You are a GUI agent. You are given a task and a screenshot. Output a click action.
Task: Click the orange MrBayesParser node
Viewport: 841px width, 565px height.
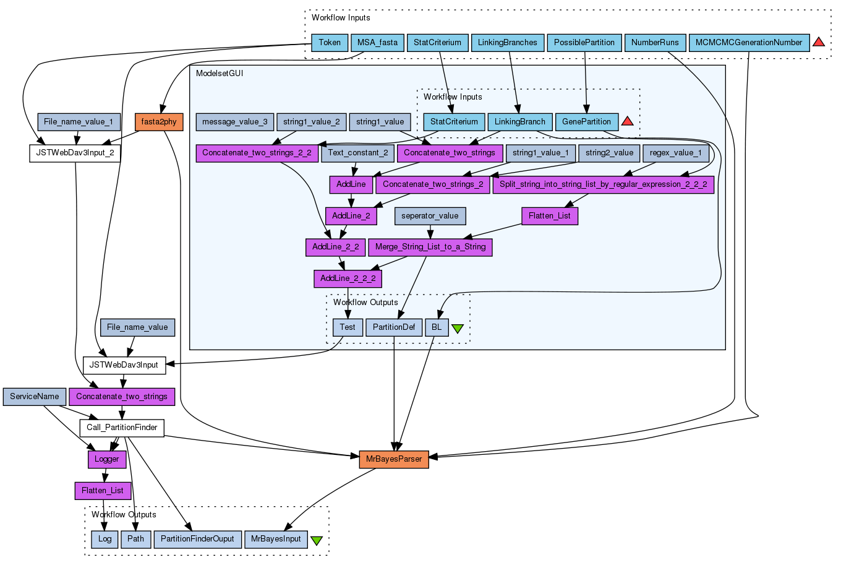[394, 459]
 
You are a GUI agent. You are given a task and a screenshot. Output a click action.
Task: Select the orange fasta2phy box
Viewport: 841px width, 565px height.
[159, 122]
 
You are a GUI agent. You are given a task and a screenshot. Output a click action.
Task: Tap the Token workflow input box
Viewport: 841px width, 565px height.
[330, 43]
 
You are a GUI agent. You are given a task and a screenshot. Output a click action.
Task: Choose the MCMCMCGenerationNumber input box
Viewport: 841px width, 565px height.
[749, 43]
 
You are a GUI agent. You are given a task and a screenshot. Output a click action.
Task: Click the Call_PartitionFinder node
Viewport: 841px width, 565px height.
[122, 428]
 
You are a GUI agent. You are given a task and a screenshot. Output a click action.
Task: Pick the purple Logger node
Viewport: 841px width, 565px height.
[107, 459]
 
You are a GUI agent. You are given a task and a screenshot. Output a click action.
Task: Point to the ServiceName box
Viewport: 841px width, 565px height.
[35, 397]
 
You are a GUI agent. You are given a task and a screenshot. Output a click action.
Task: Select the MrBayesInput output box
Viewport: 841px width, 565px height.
[276, 539]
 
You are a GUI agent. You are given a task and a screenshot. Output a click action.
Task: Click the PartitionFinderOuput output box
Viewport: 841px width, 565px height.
[197, 539]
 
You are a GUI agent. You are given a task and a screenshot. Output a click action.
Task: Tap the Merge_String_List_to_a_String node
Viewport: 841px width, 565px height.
[430, 247]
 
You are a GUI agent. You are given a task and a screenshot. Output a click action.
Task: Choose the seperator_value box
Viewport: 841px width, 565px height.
[430, 216]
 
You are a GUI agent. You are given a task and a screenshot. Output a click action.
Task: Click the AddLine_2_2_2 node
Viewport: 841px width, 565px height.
[348, 278]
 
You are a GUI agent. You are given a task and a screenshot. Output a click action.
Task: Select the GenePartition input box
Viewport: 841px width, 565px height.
[586, 122]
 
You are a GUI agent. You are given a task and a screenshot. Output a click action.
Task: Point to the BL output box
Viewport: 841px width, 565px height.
[437, 327]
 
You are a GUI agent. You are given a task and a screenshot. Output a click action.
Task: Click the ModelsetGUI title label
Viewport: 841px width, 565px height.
[220, 74]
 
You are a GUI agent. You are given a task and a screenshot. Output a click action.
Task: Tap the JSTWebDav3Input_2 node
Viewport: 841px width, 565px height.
[75, 153]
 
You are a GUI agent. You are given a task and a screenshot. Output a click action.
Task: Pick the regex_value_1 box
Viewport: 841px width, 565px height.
[675, 152]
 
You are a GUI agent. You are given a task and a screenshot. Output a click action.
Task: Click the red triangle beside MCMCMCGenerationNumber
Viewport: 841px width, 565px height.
[819, 42]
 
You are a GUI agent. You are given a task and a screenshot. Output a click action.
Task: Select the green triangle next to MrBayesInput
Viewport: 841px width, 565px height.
[317, 540]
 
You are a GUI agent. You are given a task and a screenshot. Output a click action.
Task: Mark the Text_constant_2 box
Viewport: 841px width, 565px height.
[358, 152]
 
